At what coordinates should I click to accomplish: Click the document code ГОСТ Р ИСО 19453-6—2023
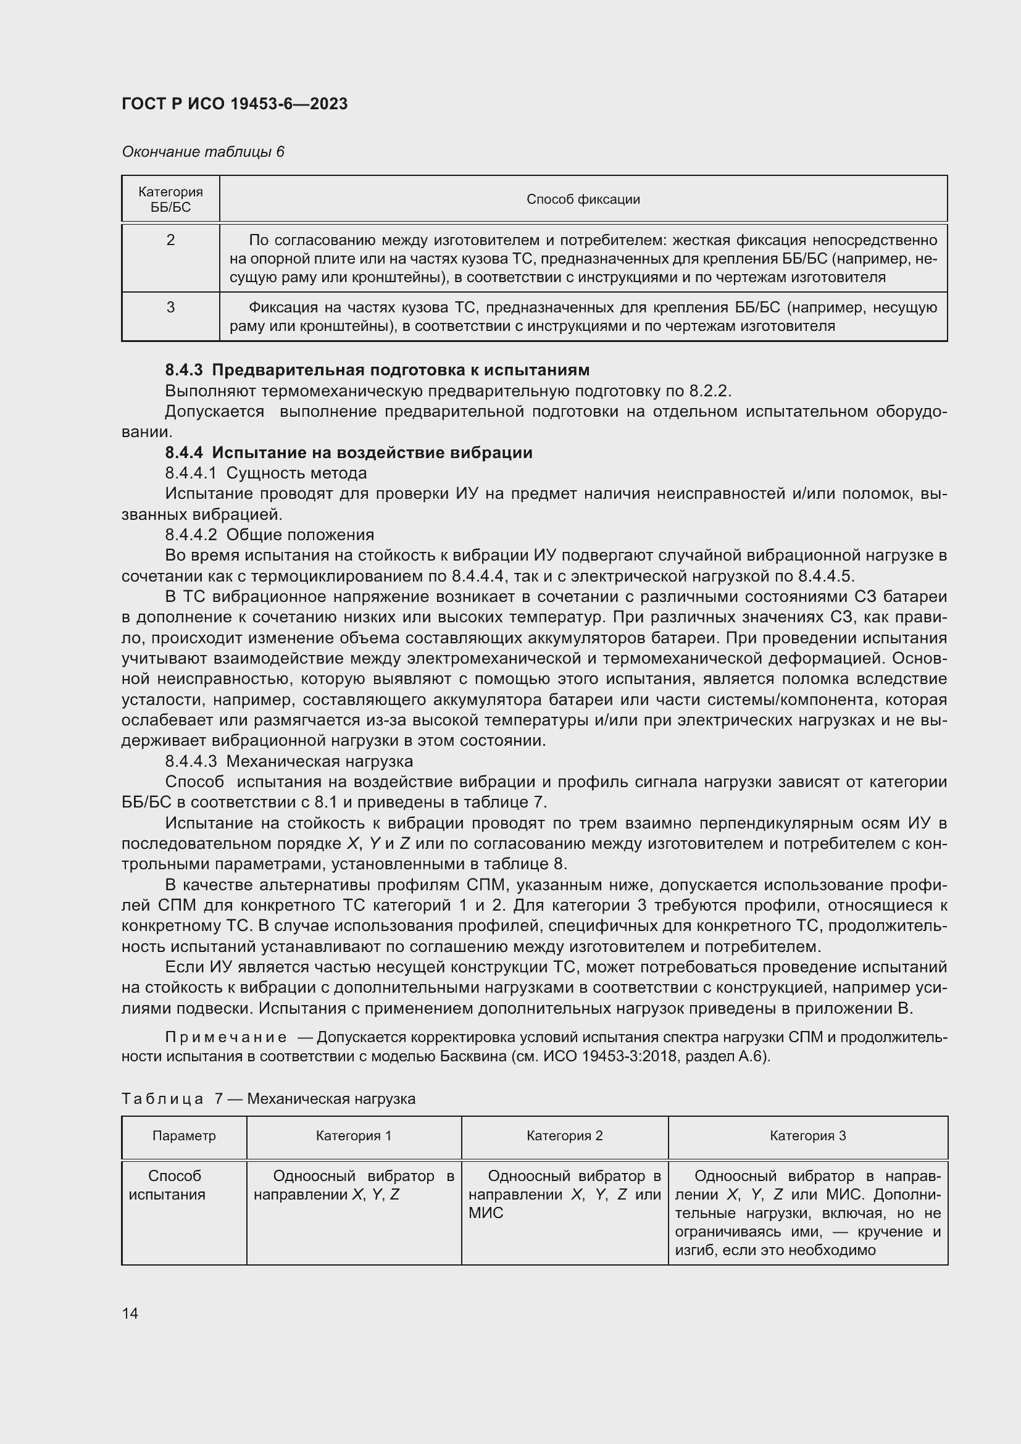234,104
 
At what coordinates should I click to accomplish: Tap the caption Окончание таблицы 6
202,152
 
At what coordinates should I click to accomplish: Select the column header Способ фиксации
583,199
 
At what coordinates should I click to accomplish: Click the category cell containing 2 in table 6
170,240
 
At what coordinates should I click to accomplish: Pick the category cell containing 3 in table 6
170,307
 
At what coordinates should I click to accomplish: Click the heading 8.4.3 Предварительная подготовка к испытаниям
377,370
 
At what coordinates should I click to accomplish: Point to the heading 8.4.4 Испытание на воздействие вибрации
348,453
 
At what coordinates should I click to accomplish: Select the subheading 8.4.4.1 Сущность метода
266,473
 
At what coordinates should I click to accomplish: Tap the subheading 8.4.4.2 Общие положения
269,535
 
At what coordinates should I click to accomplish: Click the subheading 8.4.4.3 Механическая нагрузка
288,761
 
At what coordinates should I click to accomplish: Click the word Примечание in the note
226,1037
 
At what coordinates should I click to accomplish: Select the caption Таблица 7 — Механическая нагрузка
269,1099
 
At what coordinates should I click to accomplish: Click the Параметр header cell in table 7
183,1136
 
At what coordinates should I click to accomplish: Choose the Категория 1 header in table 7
353,1136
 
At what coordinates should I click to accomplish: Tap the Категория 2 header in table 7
564,1136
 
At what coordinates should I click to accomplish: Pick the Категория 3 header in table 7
807,1136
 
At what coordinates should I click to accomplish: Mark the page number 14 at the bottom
130,1313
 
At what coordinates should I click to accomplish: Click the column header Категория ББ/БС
170,199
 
